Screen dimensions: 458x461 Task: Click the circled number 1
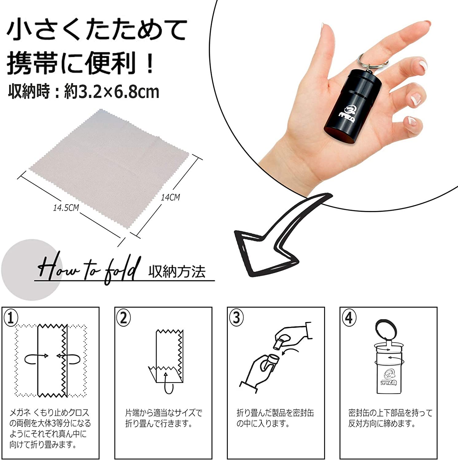click(11, 318)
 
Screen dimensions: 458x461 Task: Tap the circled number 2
click(123, 318)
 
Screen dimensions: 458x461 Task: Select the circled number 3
click(236, 318)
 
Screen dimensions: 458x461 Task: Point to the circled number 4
click(349, 318)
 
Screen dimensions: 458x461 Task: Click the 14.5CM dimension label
click(66, 208)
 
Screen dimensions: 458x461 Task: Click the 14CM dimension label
click(170, 197)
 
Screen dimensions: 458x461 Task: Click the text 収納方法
click(177, 272)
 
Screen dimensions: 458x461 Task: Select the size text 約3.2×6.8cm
click(112, 92)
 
